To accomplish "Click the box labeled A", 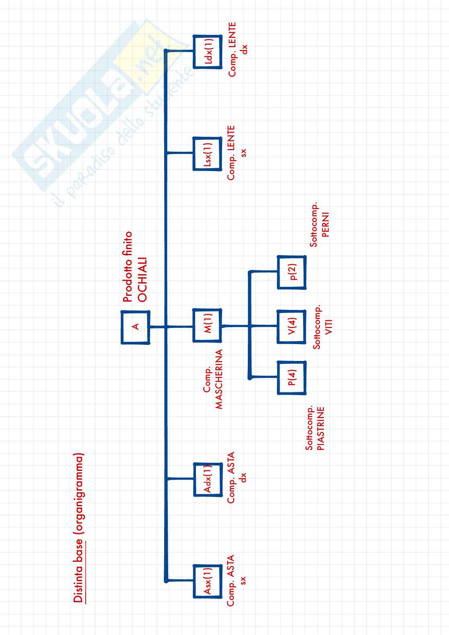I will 136,327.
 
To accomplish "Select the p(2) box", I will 292,272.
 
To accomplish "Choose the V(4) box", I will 292,326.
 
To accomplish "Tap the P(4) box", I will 292,377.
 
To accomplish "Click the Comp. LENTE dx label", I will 237,49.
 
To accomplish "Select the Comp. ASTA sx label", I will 237,580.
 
